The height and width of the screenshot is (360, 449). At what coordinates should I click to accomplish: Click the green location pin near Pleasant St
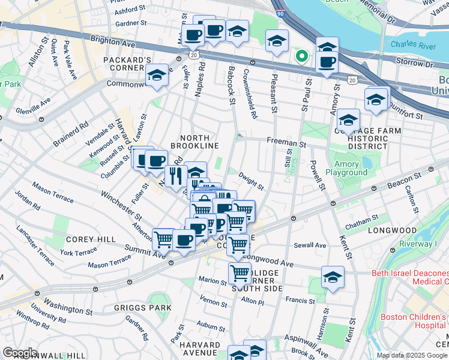click(301, 58)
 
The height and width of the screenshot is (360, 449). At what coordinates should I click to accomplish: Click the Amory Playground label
click(346, 168)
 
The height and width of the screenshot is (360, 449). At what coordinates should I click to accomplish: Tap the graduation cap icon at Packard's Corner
click(156, 76)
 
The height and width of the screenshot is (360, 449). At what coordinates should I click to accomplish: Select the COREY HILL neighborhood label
click(91, 239)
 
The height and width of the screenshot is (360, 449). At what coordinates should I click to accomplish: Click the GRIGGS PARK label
click(142, 308)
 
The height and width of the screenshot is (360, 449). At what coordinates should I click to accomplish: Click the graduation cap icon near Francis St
click(333, 277)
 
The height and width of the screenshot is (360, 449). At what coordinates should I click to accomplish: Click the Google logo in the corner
click(20, 353)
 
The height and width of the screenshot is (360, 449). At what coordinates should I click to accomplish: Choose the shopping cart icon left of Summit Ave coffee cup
click(164, 239)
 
